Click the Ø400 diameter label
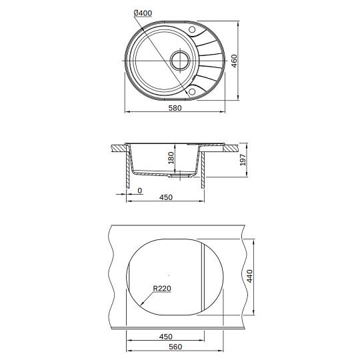pos(143,13)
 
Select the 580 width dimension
pos(175,108)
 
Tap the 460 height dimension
pos(234,61)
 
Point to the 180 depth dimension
pos(171,158)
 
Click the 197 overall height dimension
pos(243,160)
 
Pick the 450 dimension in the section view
pos(166,197)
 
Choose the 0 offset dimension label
pos(139,191)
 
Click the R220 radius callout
pos(162,289)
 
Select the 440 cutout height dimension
pos(249,276)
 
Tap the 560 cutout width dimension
pos(175,347)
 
